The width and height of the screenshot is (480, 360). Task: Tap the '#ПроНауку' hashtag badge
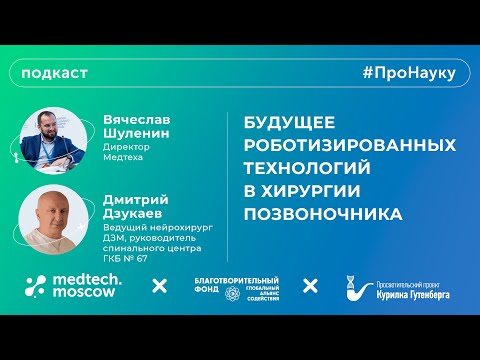click(409, 74)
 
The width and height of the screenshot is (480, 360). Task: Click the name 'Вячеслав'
click(139, 118)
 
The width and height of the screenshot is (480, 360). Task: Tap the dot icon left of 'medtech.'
click(36, 286)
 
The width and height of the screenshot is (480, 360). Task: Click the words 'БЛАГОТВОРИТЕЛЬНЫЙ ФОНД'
click(236, 285)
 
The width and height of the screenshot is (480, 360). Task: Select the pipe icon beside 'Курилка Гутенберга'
click(355, 287)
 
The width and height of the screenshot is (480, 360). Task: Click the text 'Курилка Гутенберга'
click(413, 292)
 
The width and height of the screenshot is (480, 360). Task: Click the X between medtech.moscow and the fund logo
click(159, 287)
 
